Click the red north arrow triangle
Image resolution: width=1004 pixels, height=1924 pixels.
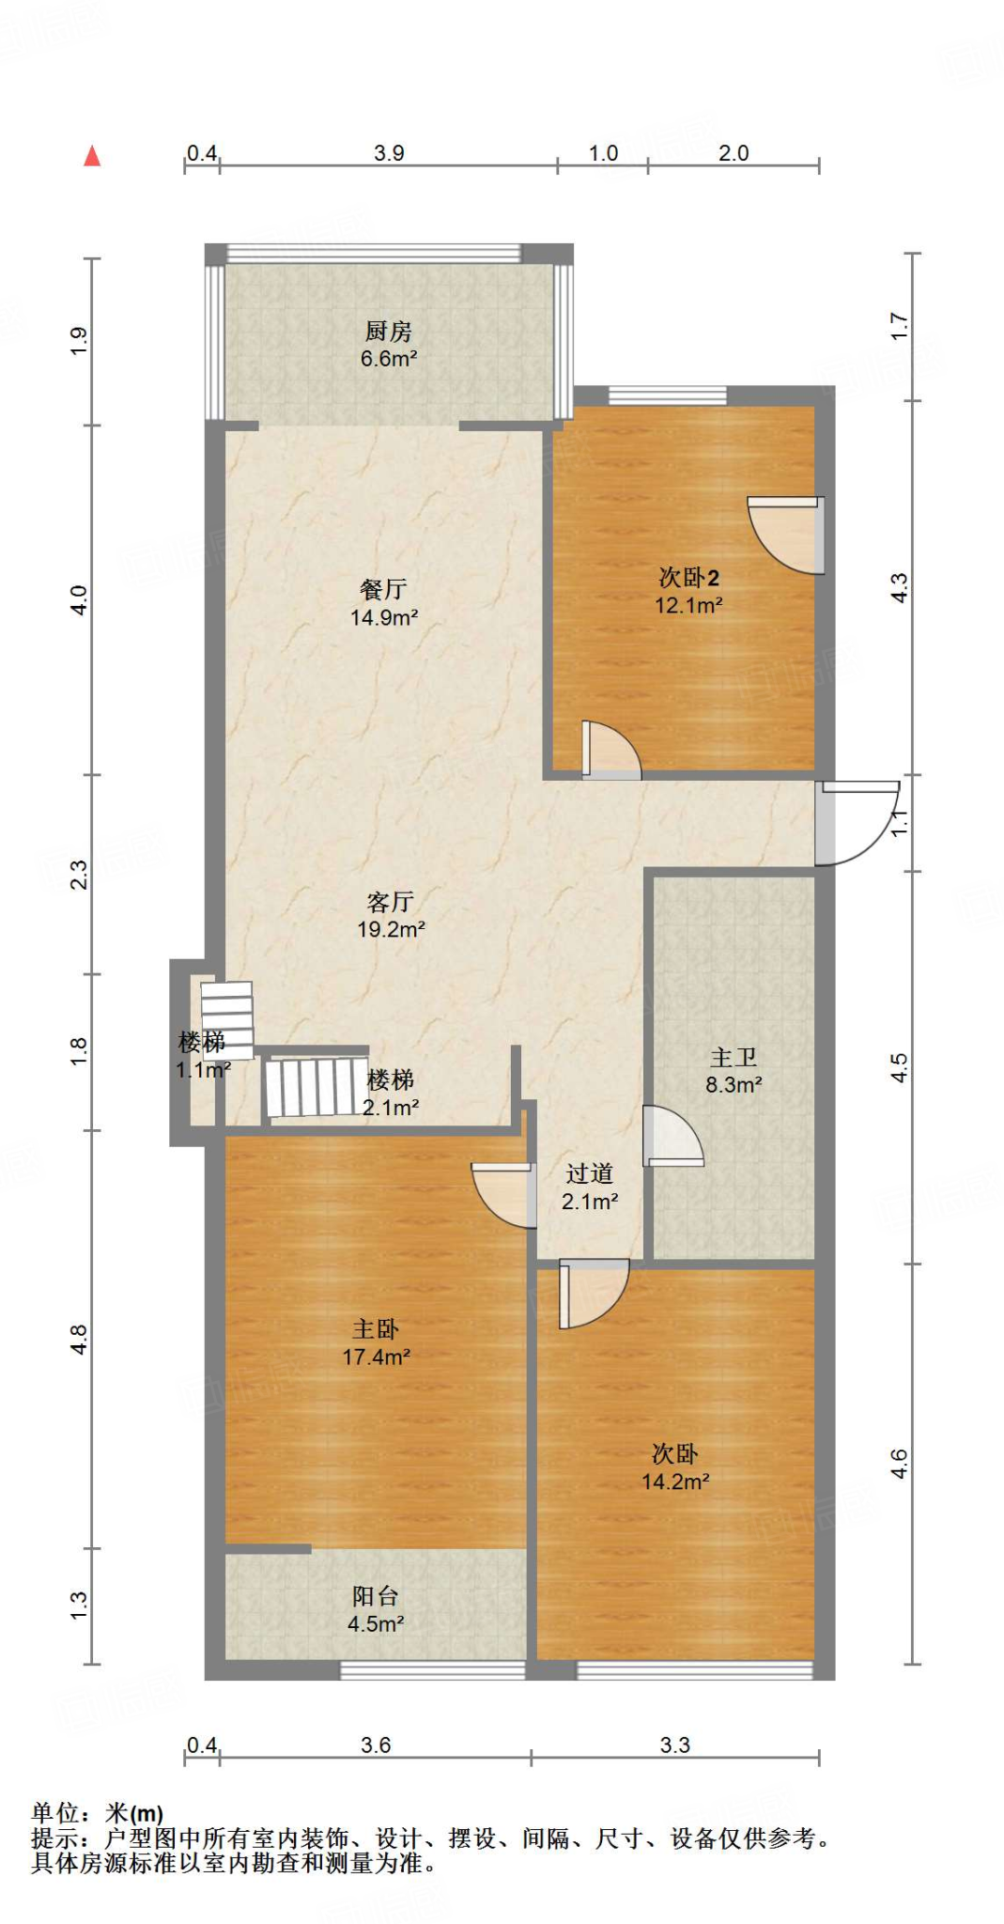tap(92, 156)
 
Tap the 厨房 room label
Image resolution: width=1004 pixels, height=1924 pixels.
tap(389, 331)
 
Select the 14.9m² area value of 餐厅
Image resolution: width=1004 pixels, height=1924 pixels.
tap(384, 617)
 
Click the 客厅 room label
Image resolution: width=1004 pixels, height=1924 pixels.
tap(391, 902)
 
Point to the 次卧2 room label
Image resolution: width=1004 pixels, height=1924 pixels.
tap(688, 577)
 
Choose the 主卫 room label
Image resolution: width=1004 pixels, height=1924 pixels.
tap(734, 1057)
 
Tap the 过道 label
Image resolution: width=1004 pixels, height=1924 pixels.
tap(590, 1173)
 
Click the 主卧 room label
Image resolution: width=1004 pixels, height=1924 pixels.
tap(376, 1328)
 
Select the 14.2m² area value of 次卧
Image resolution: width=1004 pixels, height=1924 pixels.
tap(675, 1482)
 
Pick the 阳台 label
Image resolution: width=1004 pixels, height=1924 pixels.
tap(376, 1595)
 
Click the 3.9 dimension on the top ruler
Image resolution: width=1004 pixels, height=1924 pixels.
tap(389, 153)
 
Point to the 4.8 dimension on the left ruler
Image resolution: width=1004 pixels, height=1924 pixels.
tap(79, 1340)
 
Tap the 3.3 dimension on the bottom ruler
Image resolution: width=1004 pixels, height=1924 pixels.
tap(674, 1745)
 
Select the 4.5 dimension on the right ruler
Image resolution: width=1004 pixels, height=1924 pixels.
tap(899, 1068)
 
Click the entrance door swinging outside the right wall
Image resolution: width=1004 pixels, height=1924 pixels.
tap(857, 823)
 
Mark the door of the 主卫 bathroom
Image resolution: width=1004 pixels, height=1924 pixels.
tap(673, 1136)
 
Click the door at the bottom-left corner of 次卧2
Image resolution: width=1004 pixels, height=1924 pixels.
tap(611, 750)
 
